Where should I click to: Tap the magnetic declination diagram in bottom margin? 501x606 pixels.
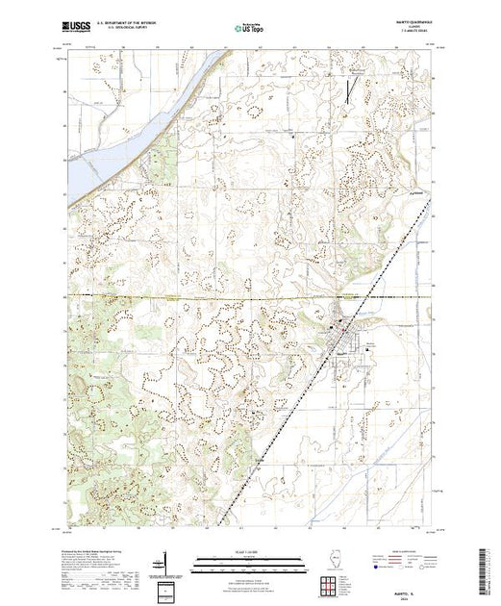coord(165,562)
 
